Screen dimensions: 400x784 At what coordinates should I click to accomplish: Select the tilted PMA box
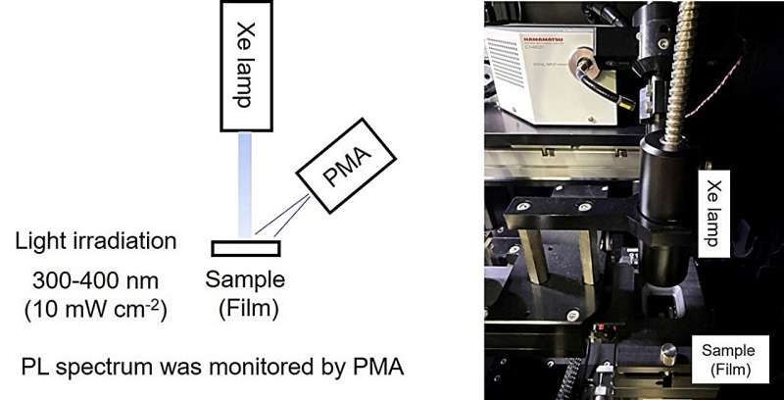coord(343,177)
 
